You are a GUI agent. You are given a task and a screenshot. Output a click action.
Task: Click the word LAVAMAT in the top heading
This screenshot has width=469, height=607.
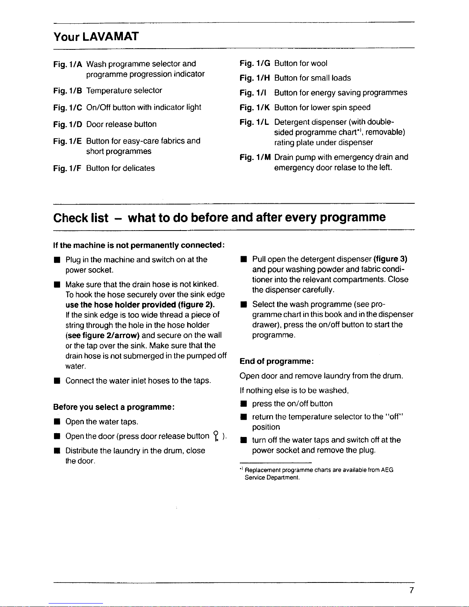pos(111,37)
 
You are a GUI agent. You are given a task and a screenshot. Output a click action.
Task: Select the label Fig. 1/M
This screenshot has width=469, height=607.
pos(255,157)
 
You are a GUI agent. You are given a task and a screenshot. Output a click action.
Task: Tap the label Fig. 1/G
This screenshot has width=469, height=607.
pos(255,64)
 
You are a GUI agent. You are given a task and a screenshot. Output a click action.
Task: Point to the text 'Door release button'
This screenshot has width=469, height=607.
pos(121,124)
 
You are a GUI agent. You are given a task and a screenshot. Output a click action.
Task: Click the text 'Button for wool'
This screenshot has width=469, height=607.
pos(301,64)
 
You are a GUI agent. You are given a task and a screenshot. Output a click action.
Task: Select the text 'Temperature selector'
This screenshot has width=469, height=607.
pos(124,91)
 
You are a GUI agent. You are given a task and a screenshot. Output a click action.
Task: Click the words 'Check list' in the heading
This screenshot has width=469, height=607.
pos(81,218)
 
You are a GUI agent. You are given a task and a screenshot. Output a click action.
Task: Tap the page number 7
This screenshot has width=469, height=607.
pos(411,590)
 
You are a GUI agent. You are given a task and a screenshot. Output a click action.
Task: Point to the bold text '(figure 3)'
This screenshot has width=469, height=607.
pos(390,259)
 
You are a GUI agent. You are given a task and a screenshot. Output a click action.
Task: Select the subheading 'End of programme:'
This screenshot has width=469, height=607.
pos(277,362)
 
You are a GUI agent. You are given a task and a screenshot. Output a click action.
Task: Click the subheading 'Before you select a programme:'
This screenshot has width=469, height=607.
pos(114,407)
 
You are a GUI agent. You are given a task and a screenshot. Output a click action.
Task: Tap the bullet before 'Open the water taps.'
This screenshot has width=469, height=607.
pos(56,422)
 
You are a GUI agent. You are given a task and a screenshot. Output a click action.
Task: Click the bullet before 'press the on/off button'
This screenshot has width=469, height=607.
pos(242,404)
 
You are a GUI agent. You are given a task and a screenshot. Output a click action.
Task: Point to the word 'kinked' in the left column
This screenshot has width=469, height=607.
pos(206,285)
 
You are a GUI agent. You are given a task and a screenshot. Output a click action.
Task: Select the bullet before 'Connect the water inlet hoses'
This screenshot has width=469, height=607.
pos(56,381)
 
